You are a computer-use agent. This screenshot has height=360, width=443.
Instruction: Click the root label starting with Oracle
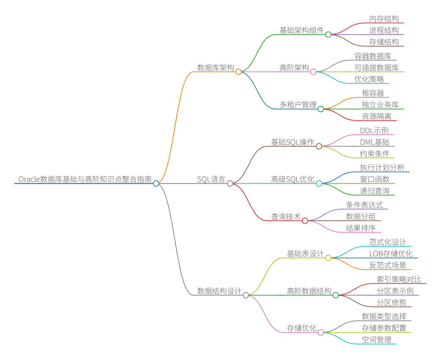(x=85, y=179)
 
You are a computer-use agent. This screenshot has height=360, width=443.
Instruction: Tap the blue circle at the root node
(x=156, y=183)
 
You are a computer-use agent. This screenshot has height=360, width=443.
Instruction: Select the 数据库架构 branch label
(x=215, y=68)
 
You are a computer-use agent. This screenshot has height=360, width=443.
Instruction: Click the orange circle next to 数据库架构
(x=238, y=72)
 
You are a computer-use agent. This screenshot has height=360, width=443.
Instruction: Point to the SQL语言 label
(x=211, y=179)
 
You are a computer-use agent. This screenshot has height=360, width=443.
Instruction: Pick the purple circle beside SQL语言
(x=230, y=183)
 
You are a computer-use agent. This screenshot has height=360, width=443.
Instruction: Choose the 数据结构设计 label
(x=219, y=291)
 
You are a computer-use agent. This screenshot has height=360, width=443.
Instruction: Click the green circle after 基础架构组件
(x=328, y=35)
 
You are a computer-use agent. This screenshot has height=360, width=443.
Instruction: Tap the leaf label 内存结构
(x=384, y=19)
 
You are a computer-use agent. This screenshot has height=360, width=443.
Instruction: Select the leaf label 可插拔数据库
(x=376, y=68)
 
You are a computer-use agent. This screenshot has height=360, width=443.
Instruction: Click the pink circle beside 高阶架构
(x=313, y=72)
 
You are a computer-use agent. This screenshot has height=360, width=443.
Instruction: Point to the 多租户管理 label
(x=298, y=105)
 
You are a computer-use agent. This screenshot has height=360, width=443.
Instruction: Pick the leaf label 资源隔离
(x=376, y=117)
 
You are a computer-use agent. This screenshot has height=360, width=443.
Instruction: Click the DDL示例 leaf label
(x=374, y=131)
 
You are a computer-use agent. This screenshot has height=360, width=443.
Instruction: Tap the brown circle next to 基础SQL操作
(x=319, y=146)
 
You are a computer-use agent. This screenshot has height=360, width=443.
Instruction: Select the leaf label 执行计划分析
(x=382, y=168)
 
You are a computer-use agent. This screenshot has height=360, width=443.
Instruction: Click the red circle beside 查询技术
(x=305, y=221)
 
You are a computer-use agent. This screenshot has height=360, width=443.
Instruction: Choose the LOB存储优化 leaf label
(x=391, y=254)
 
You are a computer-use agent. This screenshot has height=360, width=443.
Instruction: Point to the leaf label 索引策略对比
(x=399, y=280)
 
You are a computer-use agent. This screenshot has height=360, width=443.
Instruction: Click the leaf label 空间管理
(x=376, y=340)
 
